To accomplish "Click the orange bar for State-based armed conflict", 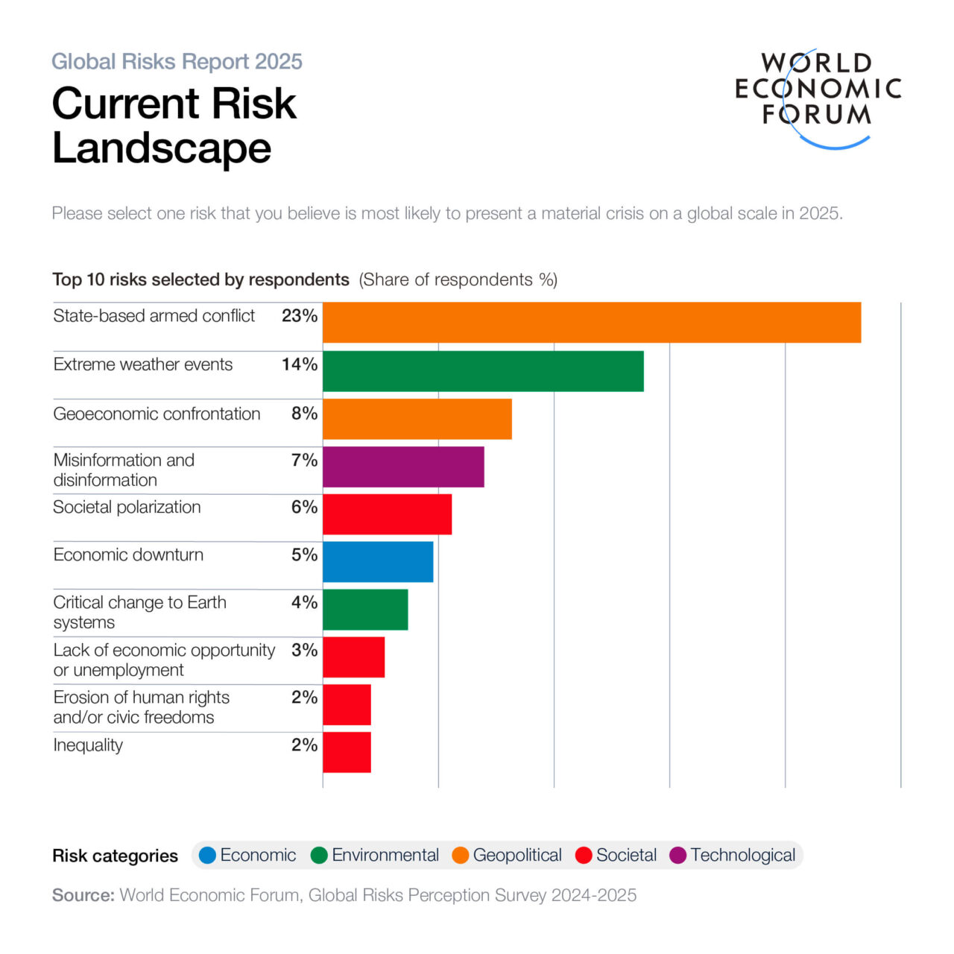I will pyautogui.click(x=592, y=323).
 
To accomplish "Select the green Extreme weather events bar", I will pyautogui.click(x=483, y=371).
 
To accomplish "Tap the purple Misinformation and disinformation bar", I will pyautogui.click(x=403, y=467).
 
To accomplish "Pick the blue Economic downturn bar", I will pyautogui.click(x=378, y=562).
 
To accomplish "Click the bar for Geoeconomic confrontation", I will pyautogui.click(x=417, y=419).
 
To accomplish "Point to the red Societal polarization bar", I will pyautogui.click(x=387, y=514).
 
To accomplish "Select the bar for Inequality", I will pyautogui.click(x=347, y=752).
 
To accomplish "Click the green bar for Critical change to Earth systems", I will pyautogui.click(x=365, y=610).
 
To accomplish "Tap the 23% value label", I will pyautogui.click(x=300, y=316).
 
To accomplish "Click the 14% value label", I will pyautogui.click(x=300, y=364).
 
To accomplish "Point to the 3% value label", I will pyautogui.click(x=304, y=650).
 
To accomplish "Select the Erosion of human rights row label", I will pyautogui.click(x=141, y=707).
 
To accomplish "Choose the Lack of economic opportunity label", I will pyautogui.click(x=164, y=660).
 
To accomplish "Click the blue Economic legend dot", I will pyautogui.click(x=208, y=856).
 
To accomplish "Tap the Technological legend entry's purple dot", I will pyautogui.click(x=678, y=856).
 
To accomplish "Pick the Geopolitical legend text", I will pyautogui.click(x=517, y=856).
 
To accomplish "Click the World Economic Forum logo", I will pyautogui.click(x=818, y=97).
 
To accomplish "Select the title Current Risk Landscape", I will pyautogui.click(x=174, y=125).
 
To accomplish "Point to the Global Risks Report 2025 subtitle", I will pyautogui.click(x=177, y=61).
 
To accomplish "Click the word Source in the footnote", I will pyautogui.click(x=83, y=895).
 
